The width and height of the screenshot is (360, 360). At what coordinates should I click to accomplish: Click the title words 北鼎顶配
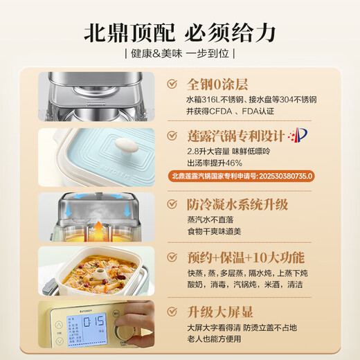point(129,32)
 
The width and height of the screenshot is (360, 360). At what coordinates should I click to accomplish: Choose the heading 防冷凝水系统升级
point(240,204)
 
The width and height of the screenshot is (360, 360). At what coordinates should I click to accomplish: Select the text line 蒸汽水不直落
point(210,221)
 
